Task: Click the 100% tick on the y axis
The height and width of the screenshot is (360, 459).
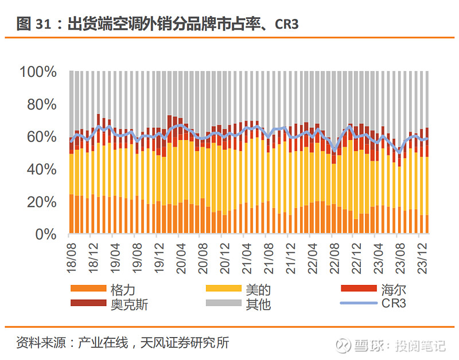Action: [38, 72]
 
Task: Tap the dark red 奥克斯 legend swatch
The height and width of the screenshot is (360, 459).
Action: [88, 303]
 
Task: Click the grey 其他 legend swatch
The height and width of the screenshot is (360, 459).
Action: [223, 303]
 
